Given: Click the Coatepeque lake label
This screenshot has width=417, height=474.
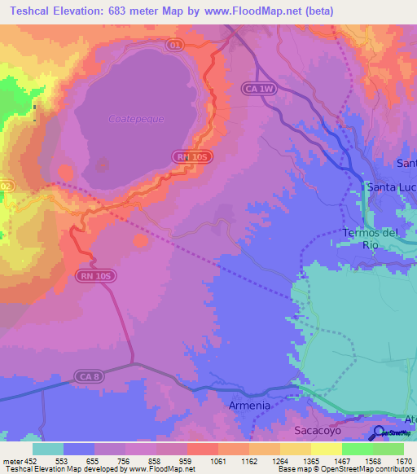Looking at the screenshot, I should pyautogui.click(x=136, y=119).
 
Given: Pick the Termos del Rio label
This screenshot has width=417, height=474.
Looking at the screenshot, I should pyautogui.click(x=371, y=239).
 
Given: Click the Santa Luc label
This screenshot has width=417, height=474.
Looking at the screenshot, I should pyautogui.click(x=392, y=187).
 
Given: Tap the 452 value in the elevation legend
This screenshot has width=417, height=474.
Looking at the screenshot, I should pyautogui.click(x=29, y=460).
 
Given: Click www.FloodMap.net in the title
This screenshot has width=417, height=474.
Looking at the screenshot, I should pyautogui.click(x=253, y=11).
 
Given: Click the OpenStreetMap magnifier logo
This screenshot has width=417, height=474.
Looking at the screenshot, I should pyautogui.click(x=380, y=432).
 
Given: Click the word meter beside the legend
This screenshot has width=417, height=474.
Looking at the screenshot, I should pyautogui.click(x=11, y=460).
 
